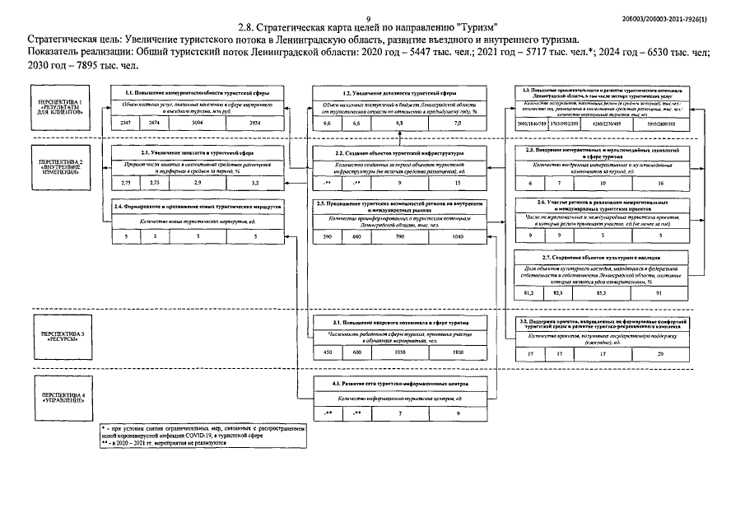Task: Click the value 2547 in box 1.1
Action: (x=125, y=122)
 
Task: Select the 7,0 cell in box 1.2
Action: (x=458, y=122)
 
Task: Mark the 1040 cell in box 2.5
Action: (x=458, y=237)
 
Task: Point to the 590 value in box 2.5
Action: (x=328, y=237)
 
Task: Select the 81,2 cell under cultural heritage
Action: (x=529, y=293)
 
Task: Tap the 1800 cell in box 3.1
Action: (x=458, y=352)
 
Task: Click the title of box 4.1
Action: (x=401, y=384)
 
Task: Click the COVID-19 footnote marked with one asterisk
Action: (x=203, y=433)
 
